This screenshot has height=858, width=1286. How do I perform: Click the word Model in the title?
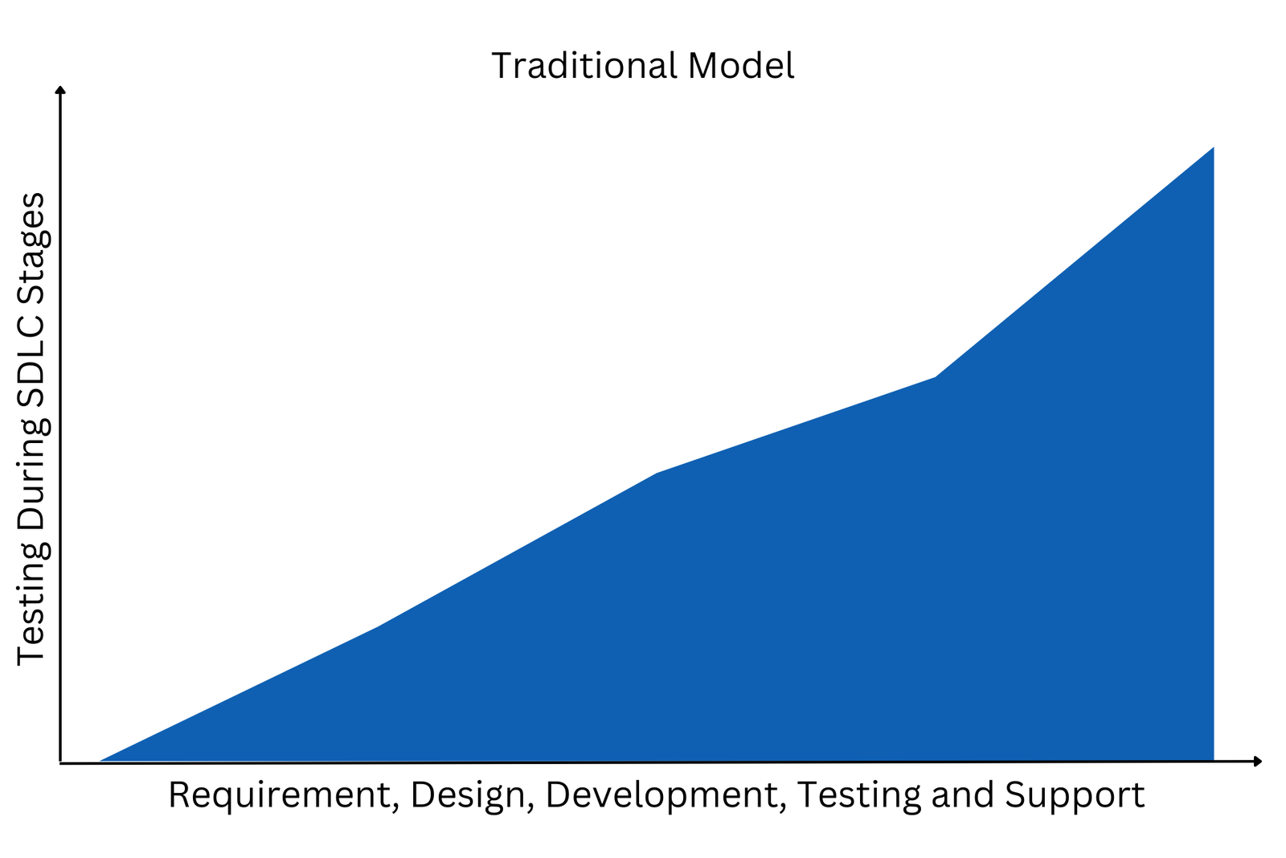click(x=741, y=65)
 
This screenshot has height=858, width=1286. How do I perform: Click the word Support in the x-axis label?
click(x=1075, y=797)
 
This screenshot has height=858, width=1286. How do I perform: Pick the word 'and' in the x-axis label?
click(x=962, y=795)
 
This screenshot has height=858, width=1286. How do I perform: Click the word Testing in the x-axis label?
click(x=859, y=797)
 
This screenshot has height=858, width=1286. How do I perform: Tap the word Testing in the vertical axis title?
click(x=31, y=608)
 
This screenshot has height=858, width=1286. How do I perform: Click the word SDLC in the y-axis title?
click(x=31, y=359)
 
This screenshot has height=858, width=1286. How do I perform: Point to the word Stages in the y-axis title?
click(x=31, y=246)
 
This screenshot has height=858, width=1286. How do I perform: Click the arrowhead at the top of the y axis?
click(x=60, y=89)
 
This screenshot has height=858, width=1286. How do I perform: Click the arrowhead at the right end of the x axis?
click(x=1258, y=762)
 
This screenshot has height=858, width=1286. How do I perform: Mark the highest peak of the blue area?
click(x=1214, y=148)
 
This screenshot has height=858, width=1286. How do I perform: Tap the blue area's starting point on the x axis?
click(x=100, y=762)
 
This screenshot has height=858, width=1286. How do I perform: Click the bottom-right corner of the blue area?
click(x=1214, y=762)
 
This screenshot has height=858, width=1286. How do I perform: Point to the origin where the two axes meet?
click(x=60, y=762)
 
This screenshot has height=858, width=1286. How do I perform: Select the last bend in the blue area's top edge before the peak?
click(x=936, y=377)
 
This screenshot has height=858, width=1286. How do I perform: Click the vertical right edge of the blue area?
click(x=1213, y=454)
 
